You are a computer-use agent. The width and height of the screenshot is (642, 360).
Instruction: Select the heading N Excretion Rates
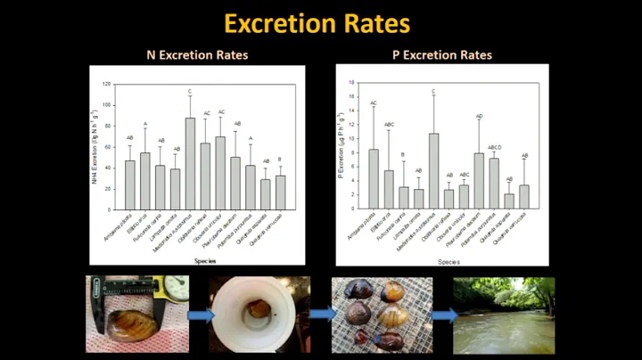[197, 55]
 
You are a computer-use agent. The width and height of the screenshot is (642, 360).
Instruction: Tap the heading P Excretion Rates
[442, 55]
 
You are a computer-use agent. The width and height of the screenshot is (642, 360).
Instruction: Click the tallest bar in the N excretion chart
[190, 151]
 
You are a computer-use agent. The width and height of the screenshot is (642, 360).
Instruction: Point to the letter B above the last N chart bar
[280, 160]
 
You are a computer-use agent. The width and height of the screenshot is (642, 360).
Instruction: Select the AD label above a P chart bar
[479, 117]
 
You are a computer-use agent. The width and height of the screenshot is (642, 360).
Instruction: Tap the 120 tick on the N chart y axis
[107, 85]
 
